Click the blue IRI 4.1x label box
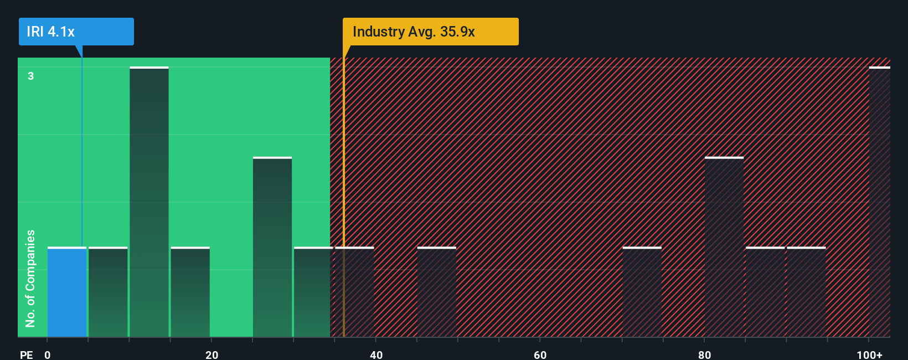pyautogui.click(x=76, y=32)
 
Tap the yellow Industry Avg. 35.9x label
pyautogui.click(x=430, y=32)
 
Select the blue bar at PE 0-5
pyautogui.click(x=67, y=292)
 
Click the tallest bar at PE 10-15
pyautogui.click(x=149, y=202)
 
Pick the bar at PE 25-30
pyautogui.click(x=272, y=247)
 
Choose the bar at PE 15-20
pyautogui.click(x=190, y=292)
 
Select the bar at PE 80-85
pyautogui.click(x=724, y=247)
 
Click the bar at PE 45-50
pyautogui.click(x=436, y=292)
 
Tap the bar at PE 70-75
pyautogui.click(x=642, y=292)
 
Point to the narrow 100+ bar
pyautogui.click(x=879, y=202)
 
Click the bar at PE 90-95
pyautogui.click(x=806, y=292)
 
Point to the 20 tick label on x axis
pyautogui.click(x=211, y=354)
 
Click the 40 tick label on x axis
pyautogui.click(x=376, y=354)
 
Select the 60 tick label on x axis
pyautogui.click(x=540, y=354)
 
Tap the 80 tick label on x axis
pyautogui.click(x=704, y=354)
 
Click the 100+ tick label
pyautogui.click(x=869, y=354)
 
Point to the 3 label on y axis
pyautogui.click(x=31, y=76)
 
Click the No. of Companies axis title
pyautogui.click(x=30, y=278)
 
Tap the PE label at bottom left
pyautogui.click(x=26, y=354)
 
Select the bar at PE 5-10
pyautogui.click(x=108, y=292)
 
